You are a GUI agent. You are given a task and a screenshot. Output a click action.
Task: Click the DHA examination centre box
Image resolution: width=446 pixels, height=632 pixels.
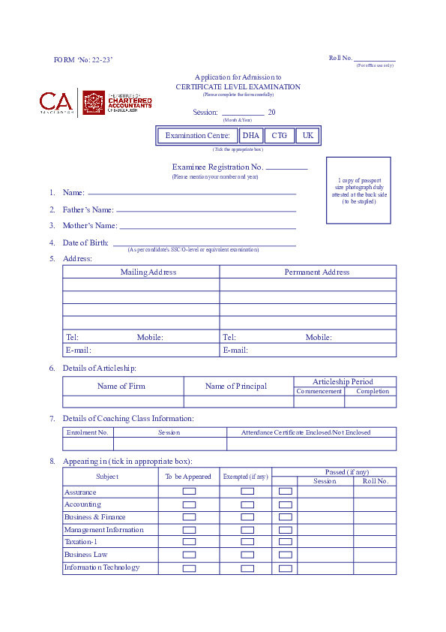[x=250, y=136]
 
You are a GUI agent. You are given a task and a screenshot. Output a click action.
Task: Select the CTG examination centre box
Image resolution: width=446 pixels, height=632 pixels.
[x=279, y=136]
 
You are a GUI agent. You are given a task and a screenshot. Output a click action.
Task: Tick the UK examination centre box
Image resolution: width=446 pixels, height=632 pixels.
[x=307, y=136]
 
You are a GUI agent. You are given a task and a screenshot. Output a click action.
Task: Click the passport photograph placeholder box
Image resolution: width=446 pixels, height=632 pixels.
[x=358, y=190]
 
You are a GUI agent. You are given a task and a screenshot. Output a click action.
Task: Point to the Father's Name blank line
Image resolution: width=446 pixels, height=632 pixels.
[x=206, y=211]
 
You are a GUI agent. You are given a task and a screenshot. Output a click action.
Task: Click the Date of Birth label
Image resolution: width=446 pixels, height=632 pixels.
[x=86, y=242]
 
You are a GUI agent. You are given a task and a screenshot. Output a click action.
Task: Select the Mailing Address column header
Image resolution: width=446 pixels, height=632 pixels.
[x=148, y=272]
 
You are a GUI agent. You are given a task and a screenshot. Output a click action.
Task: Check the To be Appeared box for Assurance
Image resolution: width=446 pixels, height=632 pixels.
[x=190, y=492]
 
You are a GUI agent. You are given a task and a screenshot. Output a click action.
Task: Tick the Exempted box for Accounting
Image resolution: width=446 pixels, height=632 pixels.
[x=247, y=504]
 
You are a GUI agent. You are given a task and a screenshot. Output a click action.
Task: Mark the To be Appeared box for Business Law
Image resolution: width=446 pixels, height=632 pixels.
[x=190, y=555]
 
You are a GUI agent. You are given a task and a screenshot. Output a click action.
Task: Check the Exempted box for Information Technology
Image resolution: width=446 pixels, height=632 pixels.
[x=247, y=568]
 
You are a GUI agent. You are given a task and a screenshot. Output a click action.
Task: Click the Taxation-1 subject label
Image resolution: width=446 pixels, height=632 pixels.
[x=81, y=542]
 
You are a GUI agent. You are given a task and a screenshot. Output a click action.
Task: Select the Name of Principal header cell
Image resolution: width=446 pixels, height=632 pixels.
[x=235, y=387]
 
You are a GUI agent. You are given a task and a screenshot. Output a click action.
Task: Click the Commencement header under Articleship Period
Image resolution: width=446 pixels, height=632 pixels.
[x=319, y=391]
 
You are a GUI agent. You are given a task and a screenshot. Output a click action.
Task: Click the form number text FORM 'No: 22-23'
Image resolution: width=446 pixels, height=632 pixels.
[x=83, y=59]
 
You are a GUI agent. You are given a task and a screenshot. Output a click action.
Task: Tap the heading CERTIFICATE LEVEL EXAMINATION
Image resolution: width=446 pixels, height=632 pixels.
[x=238, y=87]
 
